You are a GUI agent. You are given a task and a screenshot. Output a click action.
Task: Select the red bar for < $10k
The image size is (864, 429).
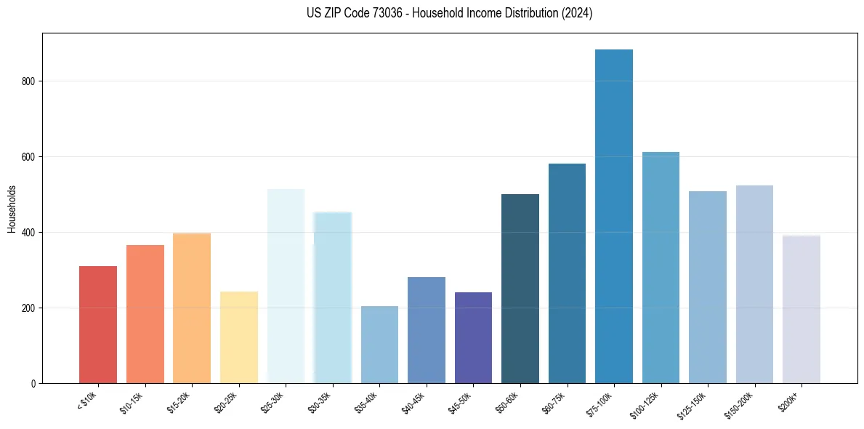tap(98, 325)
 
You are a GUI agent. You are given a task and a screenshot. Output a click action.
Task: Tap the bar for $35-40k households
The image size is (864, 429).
tap(379, 345)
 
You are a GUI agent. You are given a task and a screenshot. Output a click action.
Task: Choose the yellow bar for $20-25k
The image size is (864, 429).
tap(239, 337)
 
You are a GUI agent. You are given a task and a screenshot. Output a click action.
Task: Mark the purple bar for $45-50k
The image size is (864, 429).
tap(473, 337)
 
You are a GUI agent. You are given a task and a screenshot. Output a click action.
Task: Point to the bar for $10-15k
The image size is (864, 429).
tap(145, 314)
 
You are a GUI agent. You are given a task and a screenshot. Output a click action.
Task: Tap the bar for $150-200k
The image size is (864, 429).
tap(754, 284)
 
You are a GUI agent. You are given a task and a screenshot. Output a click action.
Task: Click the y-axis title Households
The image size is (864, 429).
tap(12, 208)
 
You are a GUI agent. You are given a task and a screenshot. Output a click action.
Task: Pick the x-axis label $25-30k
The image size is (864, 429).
tap(272, 401)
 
